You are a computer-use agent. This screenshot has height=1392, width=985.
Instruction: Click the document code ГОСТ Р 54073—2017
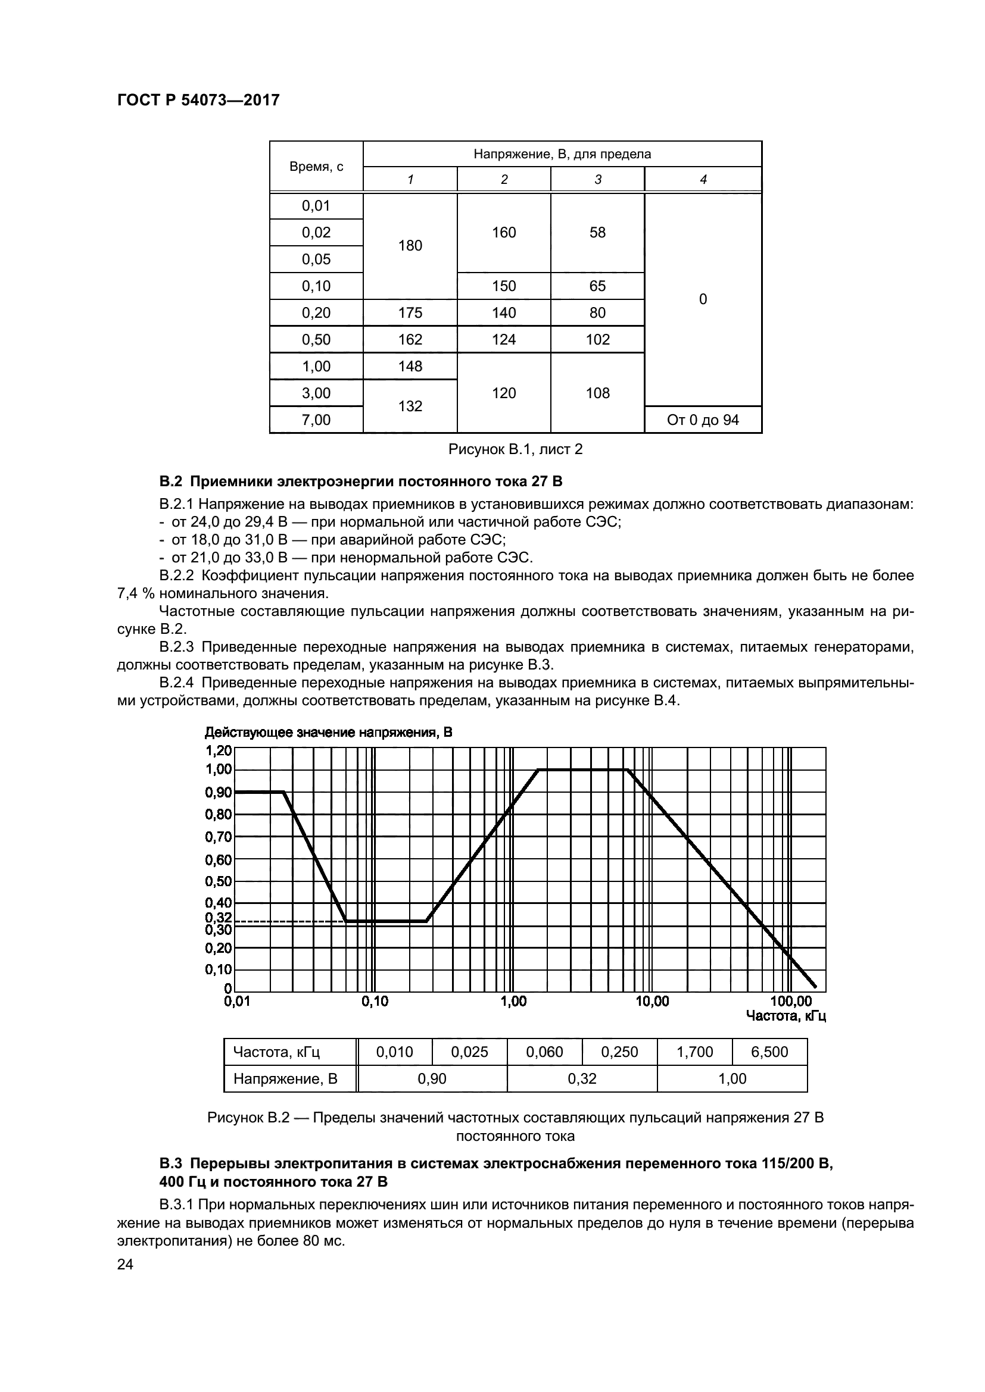198,100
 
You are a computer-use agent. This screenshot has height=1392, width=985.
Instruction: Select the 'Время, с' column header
316,167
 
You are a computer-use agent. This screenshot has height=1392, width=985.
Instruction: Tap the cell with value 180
410,246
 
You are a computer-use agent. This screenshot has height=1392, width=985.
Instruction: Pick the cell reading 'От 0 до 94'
702,420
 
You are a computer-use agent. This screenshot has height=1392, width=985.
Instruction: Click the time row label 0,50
316,339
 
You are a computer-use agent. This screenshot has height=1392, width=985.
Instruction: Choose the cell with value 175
410,313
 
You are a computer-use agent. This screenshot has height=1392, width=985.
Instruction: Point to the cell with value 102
597,339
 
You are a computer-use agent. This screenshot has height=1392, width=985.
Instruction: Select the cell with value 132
410,406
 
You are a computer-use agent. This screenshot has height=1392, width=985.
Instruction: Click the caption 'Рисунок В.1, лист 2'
515,449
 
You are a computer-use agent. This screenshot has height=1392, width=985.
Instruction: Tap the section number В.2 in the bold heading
170,482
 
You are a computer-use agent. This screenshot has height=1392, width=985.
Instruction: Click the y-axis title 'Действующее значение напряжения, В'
328,733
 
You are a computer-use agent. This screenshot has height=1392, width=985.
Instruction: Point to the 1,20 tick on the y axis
219,750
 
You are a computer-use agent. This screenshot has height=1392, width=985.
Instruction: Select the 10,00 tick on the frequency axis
652,1002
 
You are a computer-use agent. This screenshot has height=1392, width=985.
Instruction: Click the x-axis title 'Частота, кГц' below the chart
785,1015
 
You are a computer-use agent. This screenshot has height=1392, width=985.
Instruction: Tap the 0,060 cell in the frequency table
544,1052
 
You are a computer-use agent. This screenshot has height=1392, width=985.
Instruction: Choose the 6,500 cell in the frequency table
769,1052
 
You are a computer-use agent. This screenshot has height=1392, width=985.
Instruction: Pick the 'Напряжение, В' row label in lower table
285,1078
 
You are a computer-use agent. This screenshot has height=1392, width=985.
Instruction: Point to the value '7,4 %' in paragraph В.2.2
135,593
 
